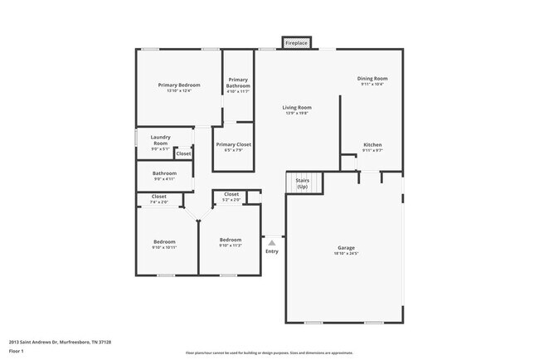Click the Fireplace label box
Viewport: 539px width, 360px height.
tap(297, 42)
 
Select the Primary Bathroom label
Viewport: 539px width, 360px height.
tap(238, 84)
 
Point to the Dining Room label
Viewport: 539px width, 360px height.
tap(372, 81)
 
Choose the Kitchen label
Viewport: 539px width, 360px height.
tap(372, 148)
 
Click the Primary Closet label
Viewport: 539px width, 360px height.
tap(233, 147)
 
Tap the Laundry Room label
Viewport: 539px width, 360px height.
tap(160, 141)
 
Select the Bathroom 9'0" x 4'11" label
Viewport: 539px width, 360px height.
tap(163, 176)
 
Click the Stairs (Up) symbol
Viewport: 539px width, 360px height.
tap(302, 182)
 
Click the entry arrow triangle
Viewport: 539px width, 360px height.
tap(271, 242)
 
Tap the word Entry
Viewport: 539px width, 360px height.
tap(271, 251)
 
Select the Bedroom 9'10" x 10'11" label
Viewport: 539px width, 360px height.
tap(164, 244)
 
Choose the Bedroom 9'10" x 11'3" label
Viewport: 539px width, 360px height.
tap(230, 242)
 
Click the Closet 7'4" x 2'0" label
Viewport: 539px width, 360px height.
tap(158, 199)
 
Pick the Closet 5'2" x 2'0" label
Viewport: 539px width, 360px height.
tap(231, 197)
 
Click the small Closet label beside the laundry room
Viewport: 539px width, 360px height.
tap(183, 153)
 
